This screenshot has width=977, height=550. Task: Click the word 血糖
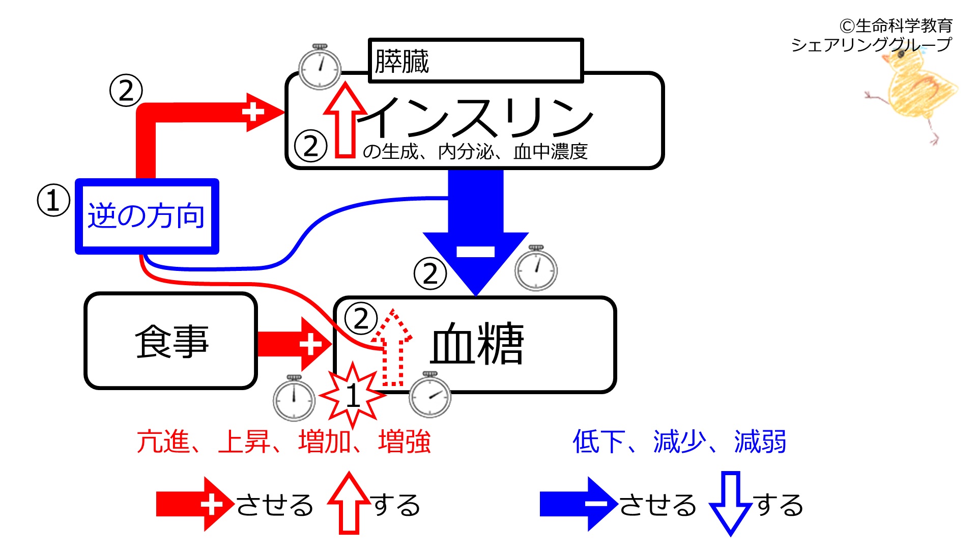pos(477,344)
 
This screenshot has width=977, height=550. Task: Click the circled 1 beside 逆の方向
pos(53,200)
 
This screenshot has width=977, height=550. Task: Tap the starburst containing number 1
pos(352,395)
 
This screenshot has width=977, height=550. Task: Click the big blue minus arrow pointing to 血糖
pos(476,232)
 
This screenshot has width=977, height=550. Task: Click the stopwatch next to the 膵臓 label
pos(320,67)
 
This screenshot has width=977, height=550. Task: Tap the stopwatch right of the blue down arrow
pos(536,268)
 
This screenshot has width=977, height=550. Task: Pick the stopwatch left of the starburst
pos(294,398)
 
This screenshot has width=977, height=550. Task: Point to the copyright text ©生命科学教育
pos(896,25)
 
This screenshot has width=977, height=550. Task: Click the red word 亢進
pos(163,442)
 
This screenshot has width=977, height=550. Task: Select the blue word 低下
pos(599,442)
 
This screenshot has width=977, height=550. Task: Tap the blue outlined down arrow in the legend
pos(731,503)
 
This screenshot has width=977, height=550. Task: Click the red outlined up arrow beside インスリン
pos(346,120)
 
